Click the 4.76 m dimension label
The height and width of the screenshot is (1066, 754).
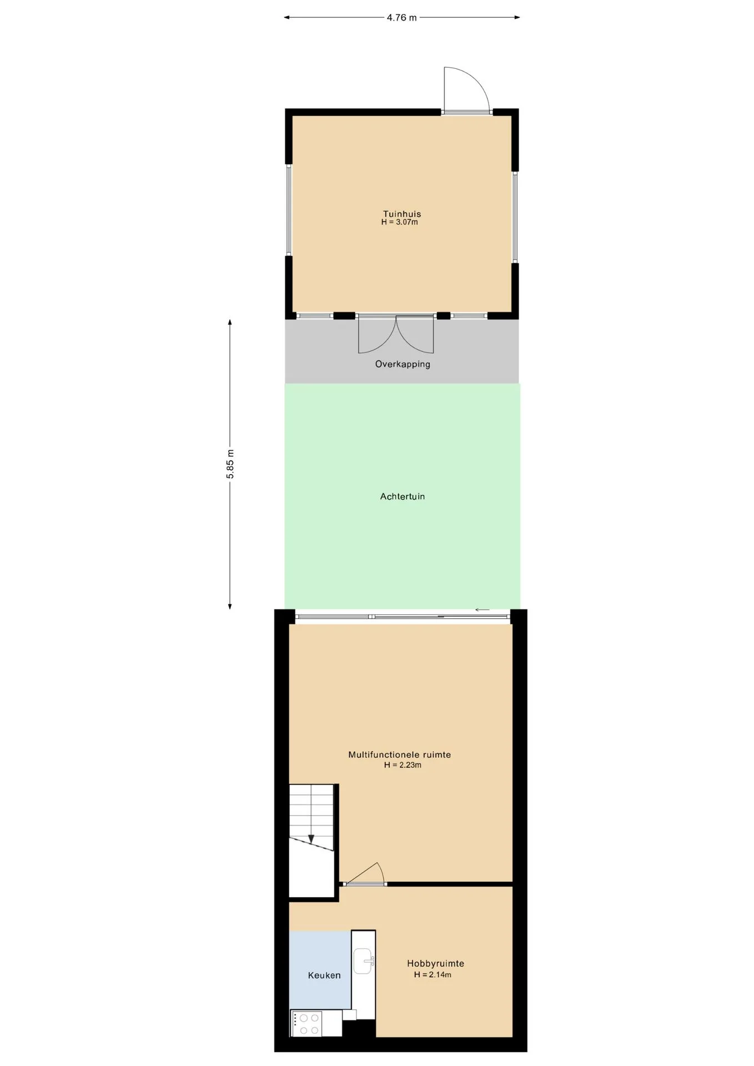[x=401, y=18]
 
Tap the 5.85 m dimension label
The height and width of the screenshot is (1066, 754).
[x=230, y=464]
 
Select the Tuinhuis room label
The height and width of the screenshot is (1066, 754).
[x=402, y=214]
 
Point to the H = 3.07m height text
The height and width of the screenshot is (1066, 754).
[x=400, y=222]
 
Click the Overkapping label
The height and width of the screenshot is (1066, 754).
[x=403, y=364]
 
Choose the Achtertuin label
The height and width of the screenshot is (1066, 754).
[x=403, y=496]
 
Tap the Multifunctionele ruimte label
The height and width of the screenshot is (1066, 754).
[x=400, y=755]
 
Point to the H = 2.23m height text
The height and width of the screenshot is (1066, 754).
[x=403, y=765]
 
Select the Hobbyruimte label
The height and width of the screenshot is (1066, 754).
[x=435, y=964]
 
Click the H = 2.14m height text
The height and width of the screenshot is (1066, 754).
[x=433, y=974]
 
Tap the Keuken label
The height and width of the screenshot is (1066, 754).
[x=324, y=976]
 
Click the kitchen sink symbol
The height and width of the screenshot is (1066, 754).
[x=364, y=961]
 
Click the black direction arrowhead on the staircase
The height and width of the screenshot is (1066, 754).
[x=311, y=839]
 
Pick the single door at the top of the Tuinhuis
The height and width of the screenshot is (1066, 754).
[x=467, y=90]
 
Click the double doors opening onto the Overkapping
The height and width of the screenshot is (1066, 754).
[x=396, y=334]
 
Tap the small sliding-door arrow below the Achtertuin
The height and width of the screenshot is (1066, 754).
[x=482, y=610]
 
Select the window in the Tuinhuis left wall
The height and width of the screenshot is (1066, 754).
[x=289, y=210]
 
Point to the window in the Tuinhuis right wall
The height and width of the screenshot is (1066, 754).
[x=515, y=217]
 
